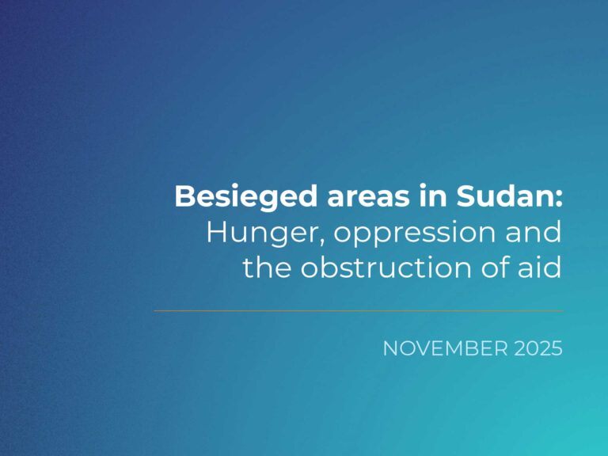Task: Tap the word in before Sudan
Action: pos(433,196)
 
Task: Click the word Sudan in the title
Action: pos(504,196)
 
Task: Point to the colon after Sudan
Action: pos(558,199)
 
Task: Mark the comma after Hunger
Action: pos(322,241)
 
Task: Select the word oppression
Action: pos(414,234)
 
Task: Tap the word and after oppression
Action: pos(533,231)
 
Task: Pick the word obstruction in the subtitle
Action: pos(386,267)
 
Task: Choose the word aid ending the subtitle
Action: pos(539,267)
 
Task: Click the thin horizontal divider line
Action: pos(359,310)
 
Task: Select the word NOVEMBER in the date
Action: pos(445,348)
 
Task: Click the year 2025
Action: pos(538,348)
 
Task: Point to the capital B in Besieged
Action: pos(184,196)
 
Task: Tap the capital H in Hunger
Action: pos(217,232)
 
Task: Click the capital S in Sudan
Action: pos(465,196)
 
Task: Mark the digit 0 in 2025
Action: pos(532,348)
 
